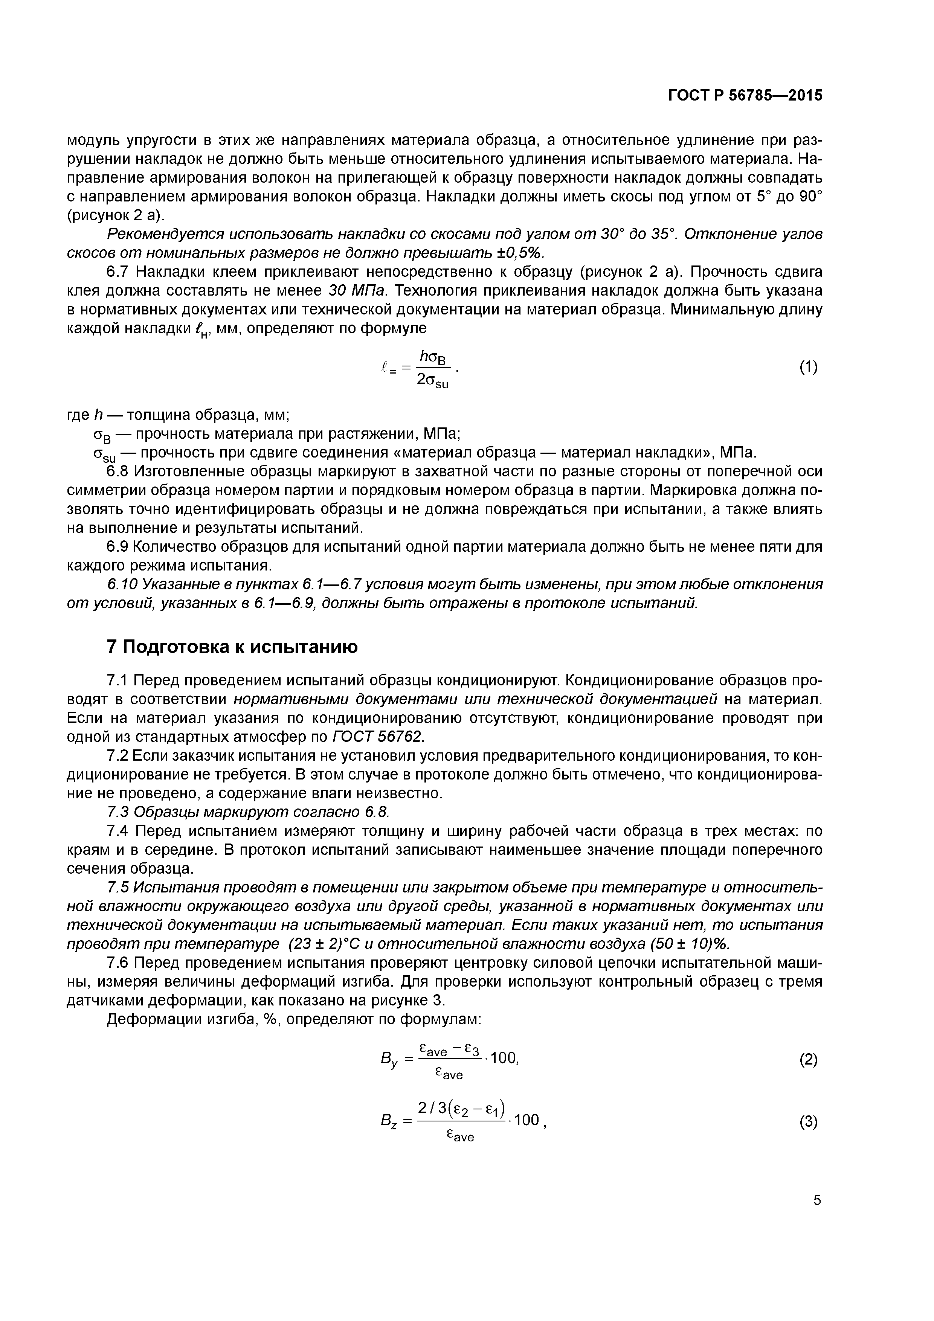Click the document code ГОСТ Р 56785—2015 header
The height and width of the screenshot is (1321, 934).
(x=745, y=96)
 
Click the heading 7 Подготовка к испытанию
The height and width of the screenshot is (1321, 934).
(x=232, y=647)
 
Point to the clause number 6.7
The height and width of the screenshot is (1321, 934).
(x=119, y=272)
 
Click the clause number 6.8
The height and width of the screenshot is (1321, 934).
(x=119, y=471)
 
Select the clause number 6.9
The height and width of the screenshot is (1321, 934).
(x=119, y=546)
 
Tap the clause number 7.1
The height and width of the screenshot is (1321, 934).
(x=119, y=680)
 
